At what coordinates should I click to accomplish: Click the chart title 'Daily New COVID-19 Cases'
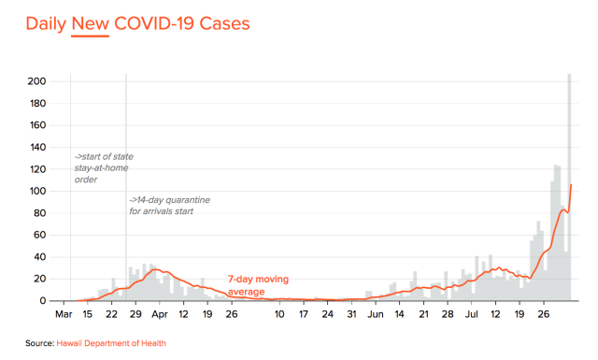[137, 23]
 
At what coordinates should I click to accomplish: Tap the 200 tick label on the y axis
[36, 81]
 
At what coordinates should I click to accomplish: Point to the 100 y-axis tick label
[37, 191]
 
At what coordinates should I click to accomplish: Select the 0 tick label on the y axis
[42, 301]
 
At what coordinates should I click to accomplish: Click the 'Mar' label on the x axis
[64, 314]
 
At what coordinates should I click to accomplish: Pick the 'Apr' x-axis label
[160, 314]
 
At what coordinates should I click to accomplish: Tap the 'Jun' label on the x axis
[376, 314]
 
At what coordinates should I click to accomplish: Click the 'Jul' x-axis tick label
[472, 314]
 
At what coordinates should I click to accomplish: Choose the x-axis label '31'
[351, 314]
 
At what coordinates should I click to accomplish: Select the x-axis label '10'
[279, 314]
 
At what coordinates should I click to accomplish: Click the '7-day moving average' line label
[258, 285]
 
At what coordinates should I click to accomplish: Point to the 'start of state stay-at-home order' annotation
[104, 168]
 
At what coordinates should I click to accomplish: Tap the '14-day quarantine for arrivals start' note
[169, 206]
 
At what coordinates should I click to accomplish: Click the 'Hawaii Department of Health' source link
[111, 343]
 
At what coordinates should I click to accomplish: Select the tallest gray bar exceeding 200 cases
[569, 187]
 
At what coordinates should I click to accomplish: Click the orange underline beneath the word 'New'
[90, 36]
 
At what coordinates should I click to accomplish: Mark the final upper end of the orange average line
[571, 185]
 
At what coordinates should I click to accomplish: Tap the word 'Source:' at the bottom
[40, 343]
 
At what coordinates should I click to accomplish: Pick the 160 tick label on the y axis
[37, 125]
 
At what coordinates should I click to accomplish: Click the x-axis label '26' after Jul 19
[544, 314]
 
